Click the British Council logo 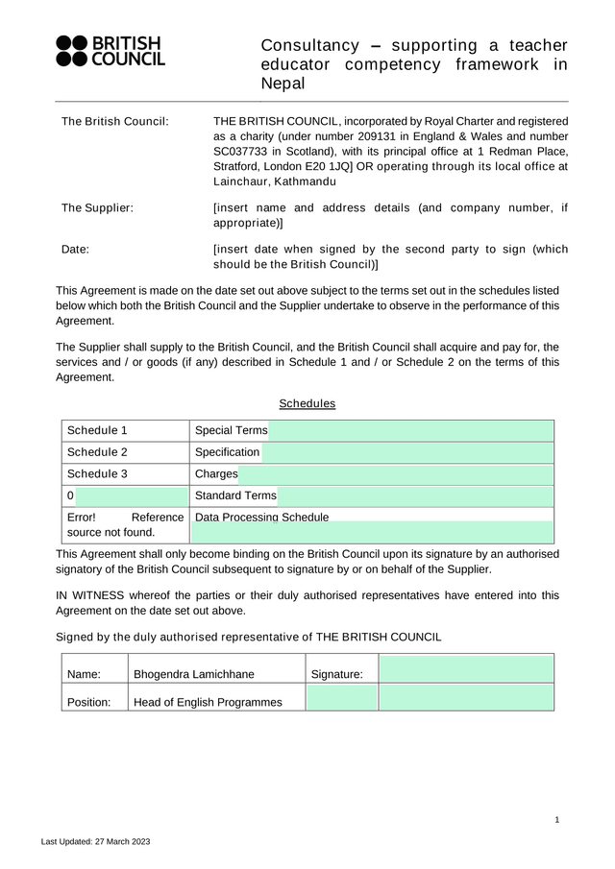[x=111, y=51]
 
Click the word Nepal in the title [x=283, y=84]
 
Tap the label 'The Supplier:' [x=97, y=207]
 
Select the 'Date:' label [x=75, y=249]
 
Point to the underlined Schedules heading [x=307, y=403]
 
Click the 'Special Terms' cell [x=231, y=430]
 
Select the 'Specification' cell [x=227, y=452]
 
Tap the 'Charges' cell [x=216, y=473]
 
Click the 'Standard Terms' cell [x=235, y=495]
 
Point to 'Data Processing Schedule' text [x=261, y=518]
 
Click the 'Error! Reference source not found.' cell [x=125, y=524]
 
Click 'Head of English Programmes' [x=208, y=702]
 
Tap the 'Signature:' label [x=336, y=674]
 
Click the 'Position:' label [x=88, y=702]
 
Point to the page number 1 [x=557, y=819]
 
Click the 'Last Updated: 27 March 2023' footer [x=95, y=841]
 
